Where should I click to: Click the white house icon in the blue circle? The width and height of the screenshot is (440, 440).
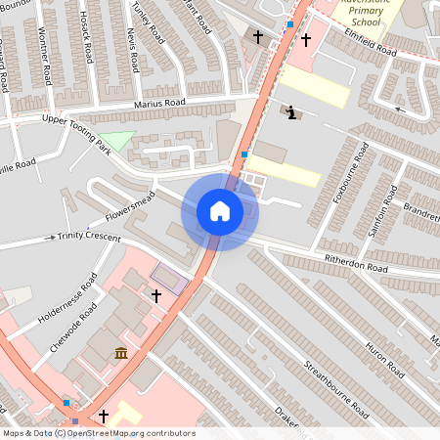click(220, 211)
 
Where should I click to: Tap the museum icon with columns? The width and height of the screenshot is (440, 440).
click(120, 352)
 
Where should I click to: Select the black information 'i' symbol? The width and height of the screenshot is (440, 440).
click(291, 112)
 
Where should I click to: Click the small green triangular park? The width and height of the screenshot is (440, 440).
click(118, 140)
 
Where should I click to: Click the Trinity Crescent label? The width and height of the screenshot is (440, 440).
click(89, 237)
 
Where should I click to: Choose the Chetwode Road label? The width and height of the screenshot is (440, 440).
click(72, 327)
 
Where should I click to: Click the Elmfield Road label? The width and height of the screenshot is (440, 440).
click(371, 40)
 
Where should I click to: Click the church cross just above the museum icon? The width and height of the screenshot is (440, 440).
click(154, 294)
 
